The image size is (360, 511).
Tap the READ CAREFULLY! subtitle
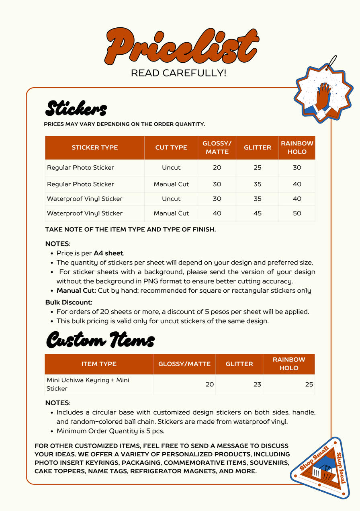click(x=179, y=73)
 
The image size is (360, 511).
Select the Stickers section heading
click(x=76, y=108)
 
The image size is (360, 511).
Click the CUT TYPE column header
click(x=171, y=148)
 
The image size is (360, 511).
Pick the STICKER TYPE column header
click(x=95, y=148)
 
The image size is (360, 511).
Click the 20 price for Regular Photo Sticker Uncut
click(x=217, y=168)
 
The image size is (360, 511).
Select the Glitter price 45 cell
click(x=258, y=213)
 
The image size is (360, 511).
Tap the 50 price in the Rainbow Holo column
click(x=297, y=213)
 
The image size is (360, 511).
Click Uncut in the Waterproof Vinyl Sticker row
click(x=171, y=199)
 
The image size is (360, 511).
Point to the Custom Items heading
click(x=100, y=340)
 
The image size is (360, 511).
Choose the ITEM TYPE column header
click(x=99, y=364)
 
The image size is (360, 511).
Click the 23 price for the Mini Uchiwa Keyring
click(x=257, y=384)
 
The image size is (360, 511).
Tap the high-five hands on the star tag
click(x=323, y=99)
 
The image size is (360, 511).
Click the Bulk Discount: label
click(x=69, y=302)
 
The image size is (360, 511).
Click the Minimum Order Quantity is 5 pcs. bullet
click(x=110, y=431)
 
